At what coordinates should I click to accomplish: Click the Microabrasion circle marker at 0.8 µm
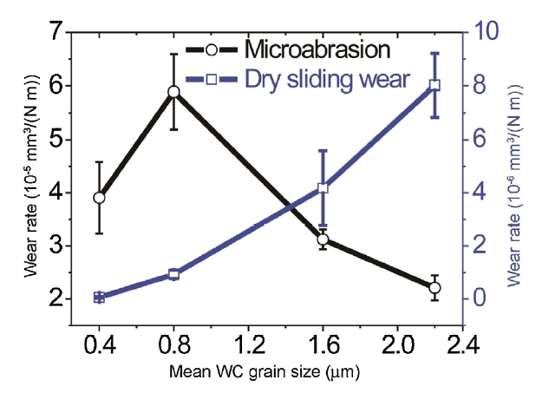coord(173,92)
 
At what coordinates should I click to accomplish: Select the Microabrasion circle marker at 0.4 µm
coord(99,198)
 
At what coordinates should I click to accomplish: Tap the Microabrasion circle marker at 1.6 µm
coord(323,239)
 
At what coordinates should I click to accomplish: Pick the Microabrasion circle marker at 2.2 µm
coord(434,287)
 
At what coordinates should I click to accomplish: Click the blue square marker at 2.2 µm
coord(434,85)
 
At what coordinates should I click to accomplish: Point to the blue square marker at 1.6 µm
coord(323,188)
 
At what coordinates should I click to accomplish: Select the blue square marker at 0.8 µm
coord(173,274)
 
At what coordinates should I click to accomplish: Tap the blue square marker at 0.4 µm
coord(99,298)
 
